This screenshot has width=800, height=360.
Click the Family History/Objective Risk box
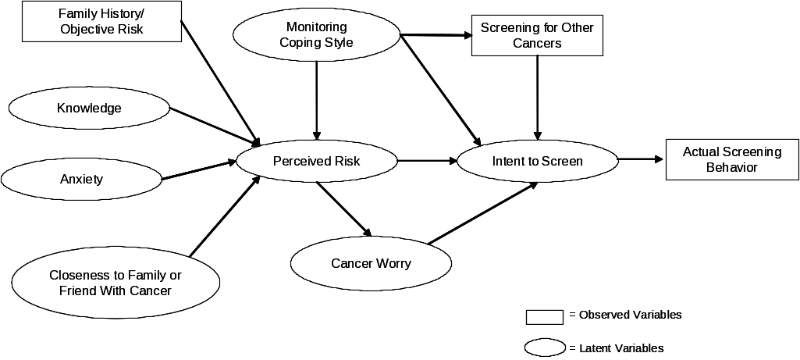pyautogui.click(x=102, y=22)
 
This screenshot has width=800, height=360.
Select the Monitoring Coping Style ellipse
pyautogui.click(x=316, y=35)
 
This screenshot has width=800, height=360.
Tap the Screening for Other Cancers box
pyautogui.click(x=537, y=35)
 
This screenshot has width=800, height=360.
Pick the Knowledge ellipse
pyautogui.click(x=89, y=109)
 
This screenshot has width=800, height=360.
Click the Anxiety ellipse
pyautogui.click(x=81, y=180)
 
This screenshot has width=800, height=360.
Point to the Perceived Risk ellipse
pyautogui.click(x=316, y=162)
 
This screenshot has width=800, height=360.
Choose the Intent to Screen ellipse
pyautogui.click(x=537, y=162)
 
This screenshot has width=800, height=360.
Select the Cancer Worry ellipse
pyautogui.click(x=371, y=263)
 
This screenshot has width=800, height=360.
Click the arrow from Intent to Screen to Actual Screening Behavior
pyautogui.click(x=640, y=160)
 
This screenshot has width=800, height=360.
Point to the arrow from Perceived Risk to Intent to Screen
pyautogui.click(x=427, y=162)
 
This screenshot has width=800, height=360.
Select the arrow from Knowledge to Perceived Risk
pyautogui.click(x=215, y=126)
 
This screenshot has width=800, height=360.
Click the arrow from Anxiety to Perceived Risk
pyautogui.click(x=199, y=171)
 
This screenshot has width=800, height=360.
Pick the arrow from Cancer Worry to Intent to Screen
pyautogui.click(x=482, y=214)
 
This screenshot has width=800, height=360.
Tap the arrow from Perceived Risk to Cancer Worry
pyautogui.click(x=343, y=209)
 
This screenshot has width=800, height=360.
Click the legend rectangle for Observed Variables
pyautogui.click(x=545, y=316)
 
